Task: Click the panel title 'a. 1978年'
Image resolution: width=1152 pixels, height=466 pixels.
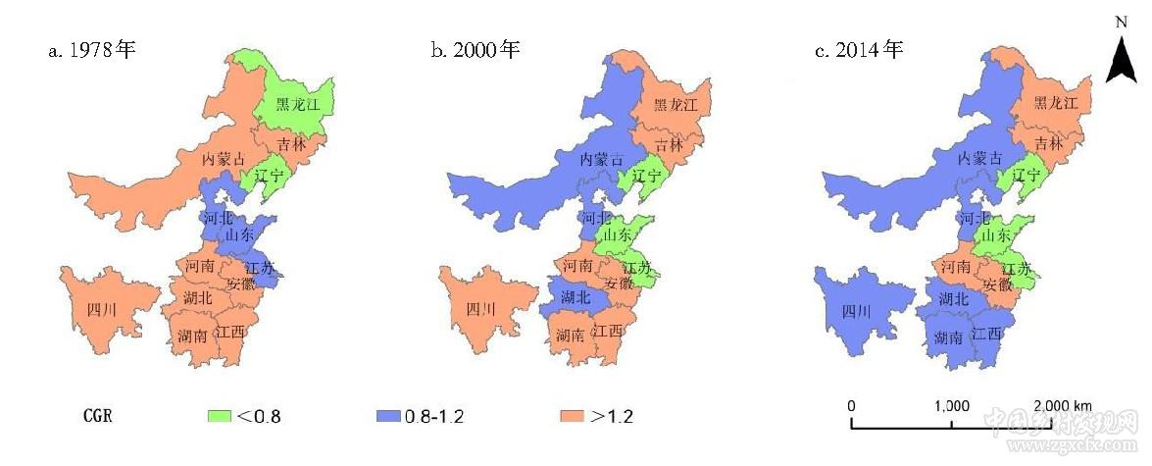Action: tap(91, 50)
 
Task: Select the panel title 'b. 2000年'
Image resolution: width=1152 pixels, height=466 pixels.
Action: tap(475, 50)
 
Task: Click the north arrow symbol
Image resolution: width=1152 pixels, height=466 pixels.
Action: tap(1121, 59)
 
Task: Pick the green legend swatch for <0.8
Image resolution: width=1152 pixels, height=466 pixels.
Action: tap(218, 416)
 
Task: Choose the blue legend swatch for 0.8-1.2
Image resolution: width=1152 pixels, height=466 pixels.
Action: tap(388, 416)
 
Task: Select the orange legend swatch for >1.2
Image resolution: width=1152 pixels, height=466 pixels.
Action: tap(572, 416)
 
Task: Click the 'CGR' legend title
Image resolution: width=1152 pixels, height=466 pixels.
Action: tap(97, 416)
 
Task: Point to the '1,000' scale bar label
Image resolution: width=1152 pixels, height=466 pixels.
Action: tap(952, 406)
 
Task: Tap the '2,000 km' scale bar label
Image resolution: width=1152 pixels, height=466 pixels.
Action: tap(1062, 406)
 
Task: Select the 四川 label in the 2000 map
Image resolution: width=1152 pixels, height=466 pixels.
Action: tap(479, 310)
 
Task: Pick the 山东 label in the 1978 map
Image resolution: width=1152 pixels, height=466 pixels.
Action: tap(239, 235)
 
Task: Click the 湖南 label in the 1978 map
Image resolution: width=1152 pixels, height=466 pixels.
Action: tap(192, 337)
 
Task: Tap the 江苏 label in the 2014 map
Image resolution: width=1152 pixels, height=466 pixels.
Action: tap(1018, 269)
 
